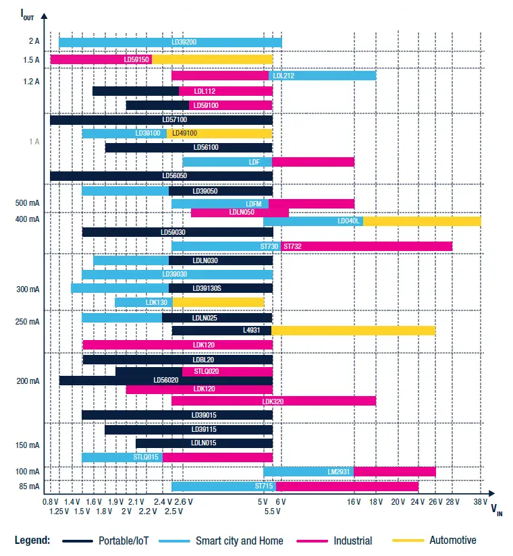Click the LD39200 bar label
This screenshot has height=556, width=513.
click(184, 43)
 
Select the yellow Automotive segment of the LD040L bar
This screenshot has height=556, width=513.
click(422, 221)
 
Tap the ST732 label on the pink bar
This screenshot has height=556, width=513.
click(292, 247)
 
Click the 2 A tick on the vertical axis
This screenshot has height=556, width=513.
click(34, 42)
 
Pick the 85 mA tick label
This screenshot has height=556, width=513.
click(30, 486)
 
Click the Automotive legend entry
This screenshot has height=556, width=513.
click(452, 540)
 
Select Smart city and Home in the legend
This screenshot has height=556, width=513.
click(239, 540)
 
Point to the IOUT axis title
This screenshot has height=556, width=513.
click(26, 14)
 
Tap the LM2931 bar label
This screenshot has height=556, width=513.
click(339, 472)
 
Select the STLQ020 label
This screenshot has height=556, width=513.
click(206, 371)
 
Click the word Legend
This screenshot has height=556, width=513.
click(32, 540)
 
